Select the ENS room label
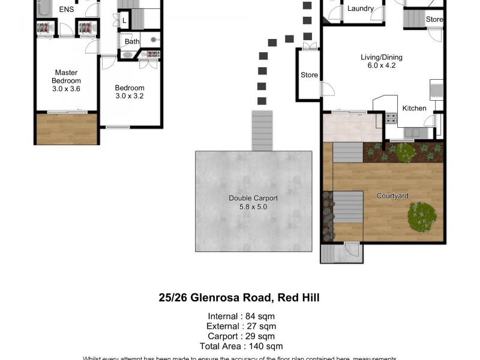point(66,10)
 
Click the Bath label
point(132,41)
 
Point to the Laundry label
point(361,9)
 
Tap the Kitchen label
point(414,109)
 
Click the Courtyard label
point(392,196)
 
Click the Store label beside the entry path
point(309,76)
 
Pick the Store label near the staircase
point(434,20)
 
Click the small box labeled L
point(124,21)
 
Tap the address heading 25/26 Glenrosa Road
point(239,297)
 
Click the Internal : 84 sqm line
point(241,316)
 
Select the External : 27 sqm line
point(241,326)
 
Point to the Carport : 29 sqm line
point(241,336)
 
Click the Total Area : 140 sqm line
point(241,346)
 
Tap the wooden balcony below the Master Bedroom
point(67,128)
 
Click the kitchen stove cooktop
point(391,118)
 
